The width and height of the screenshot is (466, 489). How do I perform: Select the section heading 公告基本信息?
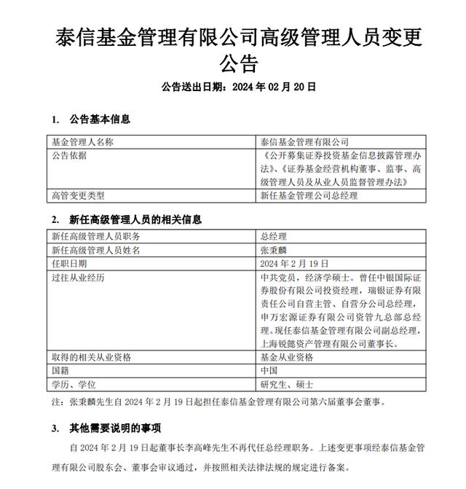[100, 119]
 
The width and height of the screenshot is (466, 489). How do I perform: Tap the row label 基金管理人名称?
[82, 141]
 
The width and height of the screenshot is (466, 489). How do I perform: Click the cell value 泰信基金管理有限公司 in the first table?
[304, 141]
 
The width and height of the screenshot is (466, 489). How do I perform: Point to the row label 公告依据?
[69, 155]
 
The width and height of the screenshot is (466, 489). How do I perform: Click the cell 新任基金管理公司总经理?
[309, 195]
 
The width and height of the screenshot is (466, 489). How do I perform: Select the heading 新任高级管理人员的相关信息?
[135, 219]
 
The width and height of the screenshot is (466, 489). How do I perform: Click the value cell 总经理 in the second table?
[274, 237]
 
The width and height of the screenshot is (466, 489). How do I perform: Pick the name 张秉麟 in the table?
[274, 250]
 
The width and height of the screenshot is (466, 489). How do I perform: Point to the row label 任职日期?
[69, 263]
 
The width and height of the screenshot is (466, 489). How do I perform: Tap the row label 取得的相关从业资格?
[91, 357]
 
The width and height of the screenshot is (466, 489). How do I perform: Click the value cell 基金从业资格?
[287, 357]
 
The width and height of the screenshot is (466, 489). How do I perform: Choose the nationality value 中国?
[269, 370]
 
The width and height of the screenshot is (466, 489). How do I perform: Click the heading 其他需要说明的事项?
[115, 427]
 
